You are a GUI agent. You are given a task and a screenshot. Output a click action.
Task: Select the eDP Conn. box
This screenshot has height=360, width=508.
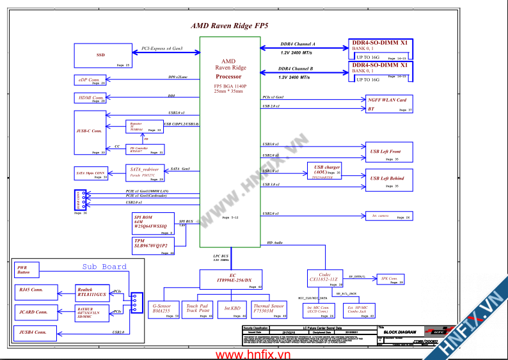[x=90, y=80]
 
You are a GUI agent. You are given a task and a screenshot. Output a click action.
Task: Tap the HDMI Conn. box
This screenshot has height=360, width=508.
[x=90, y=98]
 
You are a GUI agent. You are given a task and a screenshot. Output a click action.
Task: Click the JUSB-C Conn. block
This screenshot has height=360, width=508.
[x=90, y=132]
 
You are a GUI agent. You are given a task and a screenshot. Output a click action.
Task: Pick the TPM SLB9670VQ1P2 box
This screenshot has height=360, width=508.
[x=152, y=246]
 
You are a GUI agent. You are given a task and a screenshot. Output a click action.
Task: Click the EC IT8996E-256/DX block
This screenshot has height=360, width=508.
[x=232, y=279]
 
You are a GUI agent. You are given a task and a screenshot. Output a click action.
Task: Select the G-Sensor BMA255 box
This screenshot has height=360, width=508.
[x=163, y=309]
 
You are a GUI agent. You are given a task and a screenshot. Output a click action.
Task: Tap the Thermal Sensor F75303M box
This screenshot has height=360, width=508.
[x=269, y=309]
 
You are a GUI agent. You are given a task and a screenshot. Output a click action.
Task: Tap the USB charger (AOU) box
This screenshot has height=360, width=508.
[x=326, y=170]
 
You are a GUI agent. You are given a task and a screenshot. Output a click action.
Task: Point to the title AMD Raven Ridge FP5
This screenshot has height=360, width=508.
[x=230, y=26]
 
